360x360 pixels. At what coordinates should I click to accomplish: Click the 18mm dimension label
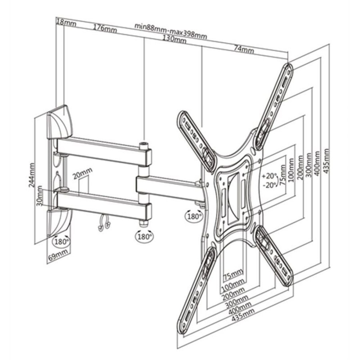(x=66, y=23)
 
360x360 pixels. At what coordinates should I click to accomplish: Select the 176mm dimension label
(x=105, y=28)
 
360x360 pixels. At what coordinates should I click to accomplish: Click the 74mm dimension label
(x=244, y=49)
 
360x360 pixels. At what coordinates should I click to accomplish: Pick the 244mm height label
(x=32, y=175)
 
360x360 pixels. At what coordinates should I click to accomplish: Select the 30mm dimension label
(x=40, y=196)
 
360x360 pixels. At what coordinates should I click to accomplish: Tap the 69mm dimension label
(x=58, y=255)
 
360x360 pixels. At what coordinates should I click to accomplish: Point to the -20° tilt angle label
(x=270, y=185)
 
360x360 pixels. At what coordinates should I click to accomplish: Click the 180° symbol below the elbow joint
(x=144, y=236)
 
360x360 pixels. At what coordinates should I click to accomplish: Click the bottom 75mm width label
(x=233, y=274)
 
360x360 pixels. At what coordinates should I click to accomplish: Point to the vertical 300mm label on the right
(x=309, y=165)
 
